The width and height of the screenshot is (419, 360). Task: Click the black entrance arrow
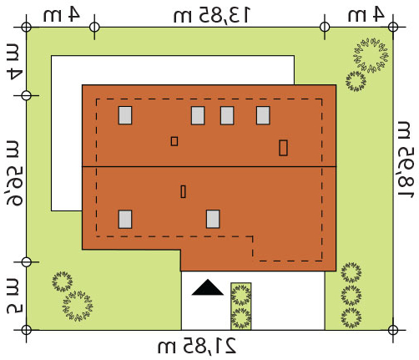[207, 288]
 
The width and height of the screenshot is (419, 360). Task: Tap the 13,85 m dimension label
[212, 15]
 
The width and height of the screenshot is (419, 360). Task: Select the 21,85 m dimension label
[197, 346]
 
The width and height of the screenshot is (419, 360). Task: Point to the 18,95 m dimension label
[406, 160]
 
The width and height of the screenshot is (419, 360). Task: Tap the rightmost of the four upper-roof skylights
[263, 115]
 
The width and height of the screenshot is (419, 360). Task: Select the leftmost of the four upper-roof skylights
[125, 115]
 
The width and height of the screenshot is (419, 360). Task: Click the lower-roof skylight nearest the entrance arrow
[213, 219]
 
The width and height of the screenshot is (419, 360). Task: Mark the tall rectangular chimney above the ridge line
[283, 148]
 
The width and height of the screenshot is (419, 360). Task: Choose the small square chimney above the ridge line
[174, 141]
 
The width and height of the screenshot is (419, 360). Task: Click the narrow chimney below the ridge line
[183, 191]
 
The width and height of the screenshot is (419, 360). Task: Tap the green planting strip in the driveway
[241, 307]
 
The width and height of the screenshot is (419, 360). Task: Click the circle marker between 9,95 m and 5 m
[27, 262]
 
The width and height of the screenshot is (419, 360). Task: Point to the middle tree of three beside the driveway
[351, 294]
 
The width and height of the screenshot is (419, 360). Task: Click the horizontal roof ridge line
[209, 166]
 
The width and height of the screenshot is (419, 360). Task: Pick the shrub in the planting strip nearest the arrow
[241, 295]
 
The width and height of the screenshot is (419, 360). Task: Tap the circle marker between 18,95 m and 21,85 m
[392, 330]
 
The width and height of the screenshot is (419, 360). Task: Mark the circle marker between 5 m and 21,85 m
[27, 330]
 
